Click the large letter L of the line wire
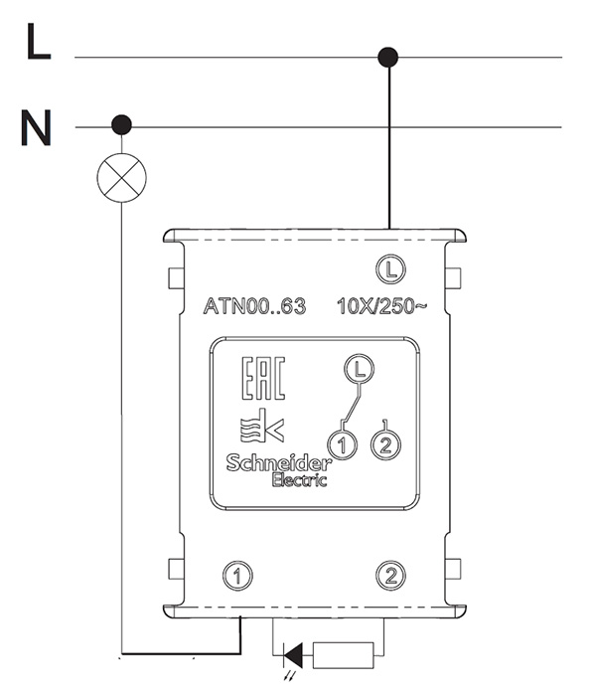coord(38,41)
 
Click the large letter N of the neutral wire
coord(37,128)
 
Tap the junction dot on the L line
coord(388,58)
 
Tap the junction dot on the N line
coord(121,124)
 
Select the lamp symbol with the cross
coord(121,178)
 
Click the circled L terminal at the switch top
coord(390,269)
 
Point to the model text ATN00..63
coord(254,306)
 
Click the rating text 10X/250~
coord(382,306)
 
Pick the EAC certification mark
coord(263,378)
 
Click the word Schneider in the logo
coord(279,463)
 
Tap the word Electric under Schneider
coord(299,480)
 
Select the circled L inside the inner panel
coord(360,368)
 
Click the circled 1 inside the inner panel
coord(342,445)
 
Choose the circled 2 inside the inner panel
coord(385,443)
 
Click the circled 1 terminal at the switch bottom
coord(237,576)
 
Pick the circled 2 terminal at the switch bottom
coord(390,576)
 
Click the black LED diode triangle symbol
coord(294,655)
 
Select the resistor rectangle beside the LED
coord(344,655)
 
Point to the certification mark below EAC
coord(261,426)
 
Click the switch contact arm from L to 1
coord(354,403)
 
